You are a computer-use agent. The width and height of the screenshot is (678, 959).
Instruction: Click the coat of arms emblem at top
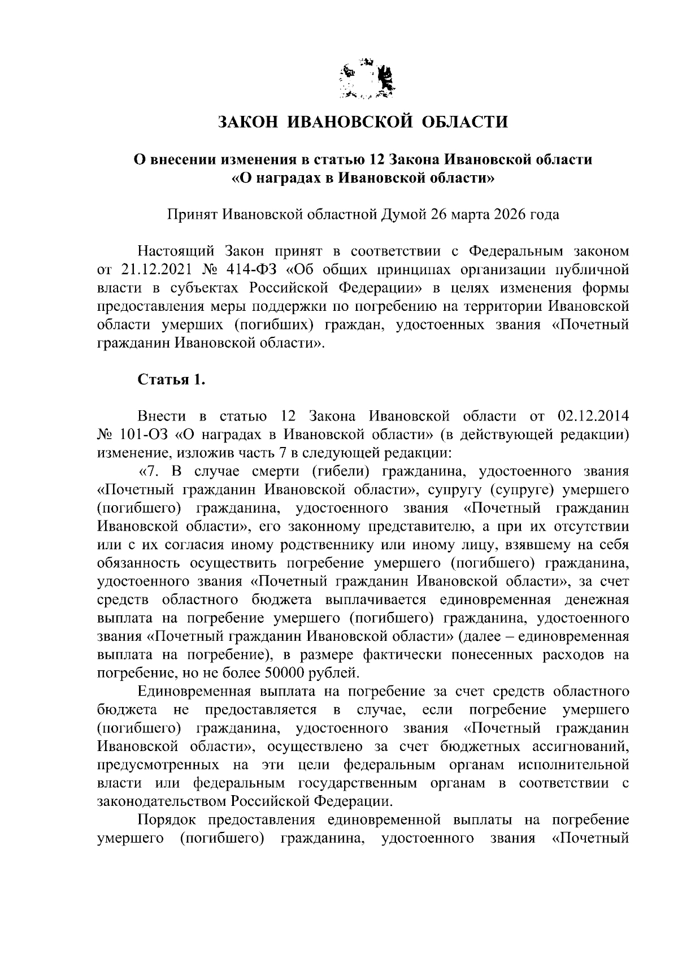click(367, 81)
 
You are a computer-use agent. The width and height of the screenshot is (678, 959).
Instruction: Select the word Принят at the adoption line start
click(192, 215)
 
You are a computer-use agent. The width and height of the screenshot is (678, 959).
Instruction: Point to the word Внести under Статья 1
click(162, 417)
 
